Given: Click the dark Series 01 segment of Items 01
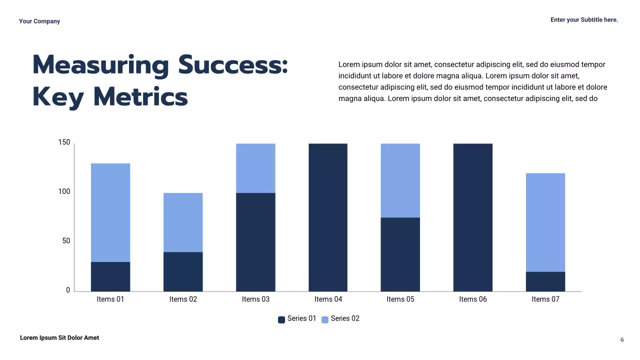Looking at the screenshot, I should [x=110, y=276].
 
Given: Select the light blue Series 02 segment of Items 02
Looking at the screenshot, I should [x=183, y=222].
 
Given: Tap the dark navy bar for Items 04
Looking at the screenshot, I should [x=328, y=217].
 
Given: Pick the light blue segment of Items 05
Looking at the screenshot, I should [x=400, y=180].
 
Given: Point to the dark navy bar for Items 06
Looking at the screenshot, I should [x=473, y=217].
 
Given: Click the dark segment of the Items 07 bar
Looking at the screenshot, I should [x=545, y=281].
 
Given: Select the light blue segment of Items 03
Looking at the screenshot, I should [x=255, y=168].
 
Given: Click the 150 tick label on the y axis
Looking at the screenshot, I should [x=64, y=142].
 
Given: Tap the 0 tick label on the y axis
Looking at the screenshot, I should [x=68, y=290].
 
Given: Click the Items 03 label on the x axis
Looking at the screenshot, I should [x=255, y=299].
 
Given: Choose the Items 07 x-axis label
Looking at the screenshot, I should [x=545, y=299].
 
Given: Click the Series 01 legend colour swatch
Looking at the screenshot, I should [x=281, y=319].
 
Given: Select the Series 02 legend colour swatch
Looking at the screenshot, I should [x=325, y=319].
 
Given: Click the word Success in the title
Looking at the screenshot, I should [x=233, y=65].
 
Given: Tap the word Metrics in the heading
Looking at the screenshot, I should [x=140, y=97].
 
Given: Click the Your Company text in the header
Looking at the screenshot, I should [x=39, y=21].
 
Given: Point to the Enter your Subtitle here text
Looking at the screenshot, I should [x=584, y=20].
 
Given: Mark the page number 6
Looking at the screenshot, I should [x=622, y=340].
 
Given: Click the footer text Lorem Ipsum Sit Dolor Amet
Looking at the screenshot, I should [x=59, y=338].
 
